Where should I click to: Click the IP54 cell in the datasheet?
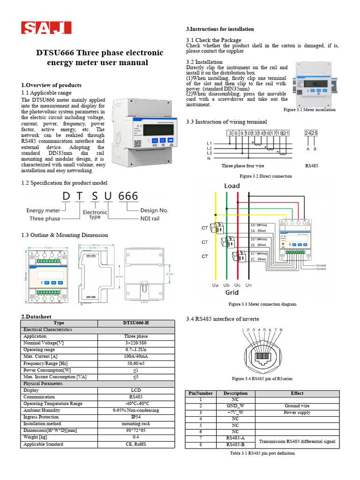(135, 417)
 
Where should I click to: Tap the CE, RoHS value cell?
(135, 444)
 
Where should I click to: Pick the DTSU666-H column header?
(135, 323)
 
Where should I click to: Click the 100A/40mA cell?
(135, 357)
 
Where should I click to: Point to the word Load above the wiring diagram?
(232, 186)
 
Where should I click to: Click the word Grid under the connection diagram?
(232, 292)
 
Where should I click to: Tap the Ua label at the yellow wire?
(215, 285)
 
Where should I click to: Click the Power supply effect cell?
(297, 412)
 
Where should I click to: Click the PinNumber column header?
(201, 393)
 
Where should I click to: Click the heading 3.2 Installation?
(204, 62)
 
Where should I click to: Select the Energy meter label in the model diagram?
(43, 211)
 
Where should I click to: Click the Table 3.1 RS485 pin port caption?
(262, 453)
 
